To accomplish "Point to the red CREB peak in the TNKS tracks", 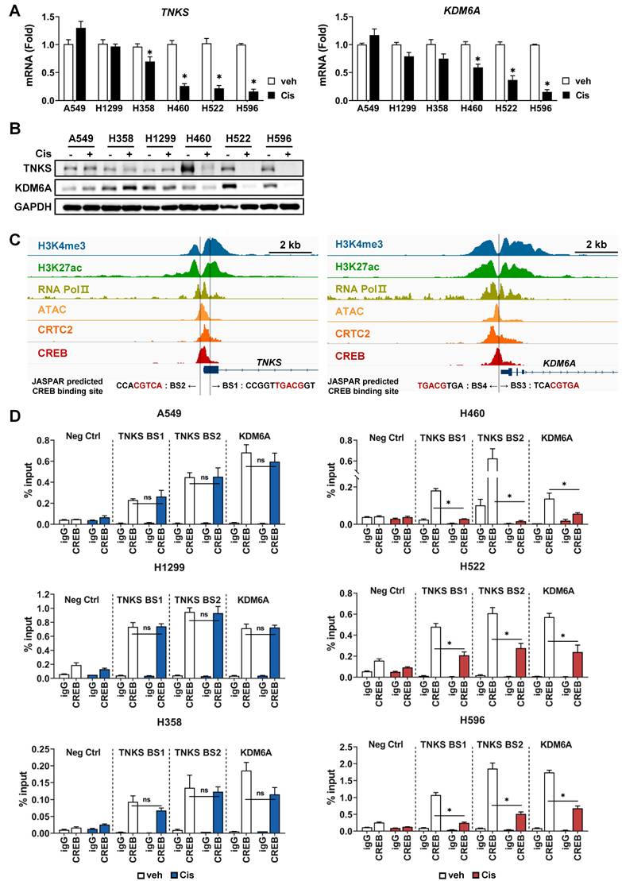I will (203, 353).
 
